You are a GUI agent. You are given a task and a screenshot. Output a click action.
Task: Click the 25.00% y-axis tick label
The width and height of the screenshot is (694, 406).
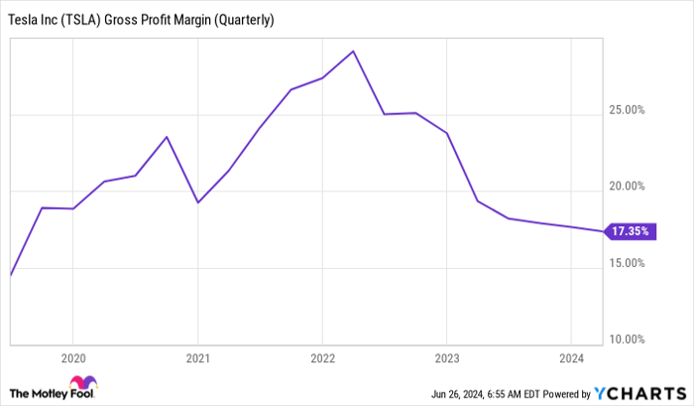pos(628,109)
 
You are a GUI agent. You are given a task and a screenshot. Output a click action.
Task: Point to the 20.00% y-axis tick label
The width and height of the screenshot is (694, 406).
pos(628,186)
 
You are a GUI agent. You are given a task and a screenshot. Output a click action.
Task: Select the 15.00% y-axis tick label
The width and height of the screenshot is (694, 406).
pos(628,263)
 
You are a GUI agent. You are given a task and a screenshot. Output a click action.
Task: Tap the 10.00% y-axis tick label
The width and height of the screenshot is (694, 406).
pos(628,339)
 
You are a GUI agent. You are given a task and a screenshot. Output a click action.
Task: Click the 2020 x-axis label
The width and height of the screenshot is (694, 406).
pos(72,356)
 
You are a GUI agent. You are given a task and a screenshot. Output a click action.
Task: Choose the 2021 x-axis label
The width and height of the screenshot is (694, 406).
pos(197,356)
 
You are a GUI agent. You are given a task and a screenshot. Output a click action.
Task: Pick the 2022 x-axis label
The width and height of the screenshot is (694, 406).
pos(322,356)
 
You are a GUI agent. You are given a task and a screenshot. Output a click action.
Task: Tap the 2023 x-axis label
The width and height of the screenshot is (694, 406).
pos(446,356)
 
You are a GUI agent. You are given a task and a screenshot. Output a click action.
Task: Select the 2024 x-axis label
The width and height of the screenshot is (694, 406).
pos(571,356)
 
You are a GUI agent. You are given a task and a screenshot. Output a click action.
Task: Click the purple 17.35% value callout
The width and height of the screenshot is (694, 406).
pos(630,231)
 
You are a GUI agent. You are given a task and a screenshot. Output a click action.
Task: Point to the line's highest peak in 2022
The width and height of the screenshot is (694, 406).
pos(353,51)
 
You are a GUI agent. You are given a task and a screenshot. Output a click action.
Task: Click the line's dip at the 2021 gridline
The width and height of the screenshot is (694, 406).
pos(197,203)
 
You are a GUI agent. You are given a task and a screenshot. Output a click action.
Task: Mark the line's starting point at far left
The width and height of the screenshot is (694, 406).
pos(10,275)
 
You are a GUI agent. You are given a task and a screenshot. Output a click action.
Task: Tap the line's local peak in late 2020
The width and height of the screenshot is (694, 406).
pos(167,137)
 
